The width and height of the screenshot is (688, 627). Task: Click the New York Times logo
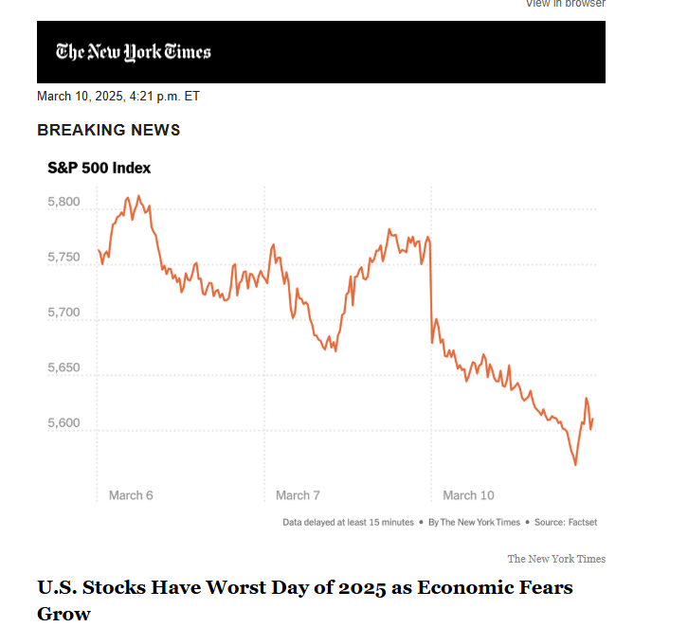click(134, 51)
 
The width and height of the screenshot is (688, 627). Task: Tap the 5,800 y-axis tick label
click(63, 203)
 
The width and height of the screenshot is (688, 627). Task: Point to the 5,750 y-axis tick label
click(63, 258)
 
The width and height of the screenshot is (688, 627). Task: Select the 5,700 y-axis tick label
click(63, 313)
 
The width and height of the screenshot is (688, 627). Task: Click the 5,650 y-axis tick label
click(63, 367)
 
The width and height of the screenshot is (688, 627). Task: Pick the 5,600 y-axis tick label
click(63, 422)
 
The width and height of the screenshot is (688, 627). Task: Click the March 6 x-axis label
click(131, 495)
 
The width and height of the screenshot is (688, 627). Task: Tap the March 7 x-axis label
click(298, 495)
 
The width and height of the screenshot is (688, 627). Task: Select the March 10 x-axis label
click(468, 495)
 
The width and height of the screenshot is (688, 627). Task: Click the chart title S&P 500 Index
click(100, 169)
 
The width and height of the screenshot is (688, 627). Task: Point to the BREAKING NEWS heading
click(108, 130)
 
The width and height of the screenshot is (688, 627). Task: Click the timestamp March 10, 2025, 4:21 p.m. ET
click(118, 96)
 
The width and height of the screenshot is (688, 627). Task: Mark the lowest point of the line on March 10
click(575, 464)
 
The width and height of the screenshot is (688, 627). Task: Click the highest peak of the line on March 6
click(138, 196)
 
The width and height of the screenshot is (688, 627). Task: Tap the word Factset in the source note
click(578, 522)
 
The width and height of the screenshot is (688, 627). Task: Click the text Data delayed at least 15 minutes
click(348, 522)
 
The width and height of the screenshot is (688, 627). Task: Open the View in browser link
click(566, 4)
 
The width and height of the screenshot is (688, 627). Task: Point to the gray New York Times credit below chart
click(556, 559)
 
